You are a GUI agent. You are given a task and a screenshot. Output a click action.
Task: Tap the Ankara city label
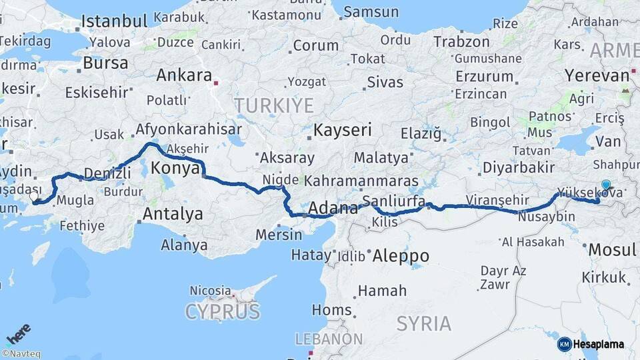tap(184, 75)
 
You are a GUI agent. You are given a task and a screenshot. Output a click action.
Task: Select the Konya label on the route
tap(175, 168)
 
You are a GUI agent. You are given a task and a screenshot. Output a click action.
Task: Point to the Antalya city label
tap(173, 214)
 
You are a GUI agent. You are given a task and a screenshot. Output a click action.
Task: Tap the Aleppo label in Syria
tap(401, 256)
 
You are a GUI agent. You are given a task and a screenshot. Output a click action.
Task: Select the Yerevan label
tap(597, 75)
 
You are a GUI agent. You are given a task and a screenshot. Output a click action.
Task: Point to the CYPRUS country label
tap(223, 311)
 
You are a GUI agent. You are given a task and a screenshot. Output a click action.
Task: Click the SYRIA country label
tap(423, 323)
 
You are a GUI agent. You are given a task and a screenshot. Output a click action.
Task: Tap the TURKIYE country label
tap(273, 105)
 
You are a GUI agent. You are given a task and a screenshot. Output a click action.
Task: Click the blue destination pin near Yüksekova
tap(605, 185)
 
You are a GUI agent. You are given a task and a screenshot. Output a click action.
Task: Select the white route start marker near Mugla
tap(34, 197)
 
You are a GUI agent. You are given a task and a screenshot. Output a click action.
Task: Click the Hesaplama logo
tap(591, 344)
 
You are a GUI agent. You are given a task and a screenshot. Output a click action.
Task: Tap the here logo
tap(18, 333)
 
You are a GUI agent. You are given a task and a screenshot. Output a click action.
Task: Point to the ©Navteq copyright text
tap(21, 354)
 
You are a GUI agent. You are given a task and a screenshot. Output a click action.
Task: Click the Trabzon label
tap(461, 41)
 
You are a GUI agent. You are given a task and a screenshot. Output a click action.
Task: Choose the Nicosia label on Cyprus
tap(210, 291)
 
